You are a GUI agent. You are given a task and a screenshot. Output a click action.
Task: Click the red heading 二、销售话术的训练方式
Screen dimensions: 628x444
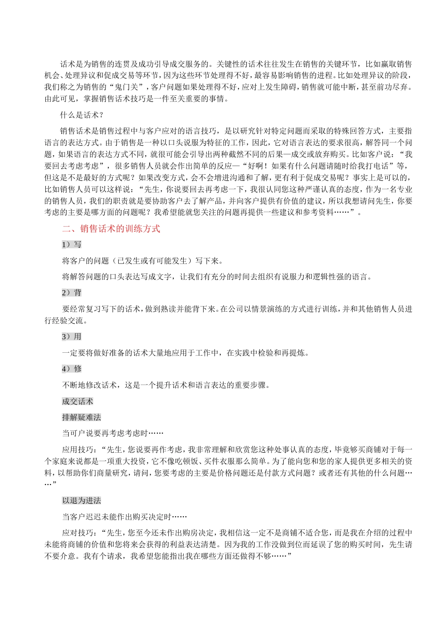pos(111,228)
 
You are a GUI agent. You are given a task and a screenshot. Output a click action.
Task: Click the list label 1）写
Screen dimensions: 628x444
pos(72,244)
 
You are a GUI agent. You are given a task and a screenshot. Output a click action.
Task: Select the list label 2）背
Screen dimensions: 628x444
pos(72,293)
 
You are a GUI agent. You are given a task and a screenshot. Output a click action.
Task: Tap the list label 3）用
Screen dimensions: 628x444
pos(72,336)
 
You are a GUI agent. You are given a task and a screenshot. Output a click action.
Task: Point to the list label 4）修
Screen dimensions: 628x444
pos(72,369)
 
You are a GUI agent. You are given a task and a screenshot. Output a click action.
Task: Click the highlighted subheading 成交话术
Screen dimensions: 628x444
pos(78,401)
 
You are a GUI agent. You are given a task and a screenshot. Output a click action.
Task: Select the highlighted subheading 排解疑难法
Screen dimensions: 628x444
pos(81,417)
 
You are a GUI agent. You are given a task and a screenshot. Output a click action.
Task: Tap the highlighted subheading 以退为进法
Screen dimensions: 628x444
pos(81,500)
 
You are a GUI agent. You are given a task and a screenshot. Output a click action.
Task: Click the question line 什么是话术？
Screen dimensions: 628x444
pos(82,115)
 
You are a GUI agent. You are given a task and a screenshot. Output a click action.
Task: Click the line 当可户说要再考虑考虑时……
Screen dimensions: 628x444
pos(113,434)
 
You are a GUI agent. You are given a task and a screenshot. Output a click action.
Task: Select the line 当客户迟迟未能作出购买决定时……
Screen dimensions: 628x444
pos(124,517)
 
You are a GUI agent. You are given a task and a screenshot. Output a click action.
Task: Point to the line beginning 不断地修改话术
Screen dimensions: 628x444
pos(166,385)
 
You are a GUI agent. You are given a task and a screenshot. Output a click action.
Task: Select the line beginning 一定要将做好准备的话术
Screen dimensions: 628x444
pos(186,353)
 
